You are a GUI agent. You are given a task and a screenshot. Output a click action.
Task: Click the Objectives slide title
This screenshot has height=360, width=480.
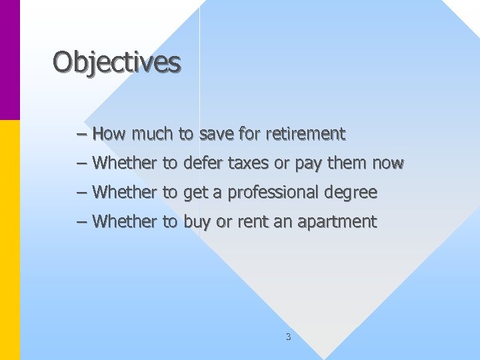[117, 63]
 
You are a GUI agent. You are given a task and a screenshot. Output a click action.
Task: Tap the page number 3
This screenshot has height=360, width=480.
[288, 337]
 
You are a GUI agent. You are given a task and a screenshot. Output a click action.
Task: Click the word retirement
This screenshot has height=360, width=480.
[305, 134]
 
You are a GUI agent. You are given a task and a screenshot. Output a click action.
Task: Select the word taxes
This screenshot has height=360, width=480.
[247, 163]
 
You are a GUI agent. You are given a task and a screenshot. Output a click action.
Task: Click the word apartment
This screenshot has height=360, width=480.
[341, 222]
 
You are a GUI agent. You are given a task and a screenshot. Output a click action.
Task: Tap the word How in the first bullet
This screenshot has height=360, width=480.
[109, 134]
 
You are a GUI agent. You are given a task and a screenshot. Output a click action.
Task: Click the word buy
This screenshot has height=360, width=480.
[197, 222]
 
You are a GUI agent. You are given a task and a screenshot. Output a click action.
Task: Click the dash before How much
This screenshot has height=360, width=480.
[81, 134]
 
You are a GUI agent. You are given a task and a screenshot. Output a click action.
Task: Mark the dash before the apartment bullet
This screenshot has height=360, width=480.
[81, 222]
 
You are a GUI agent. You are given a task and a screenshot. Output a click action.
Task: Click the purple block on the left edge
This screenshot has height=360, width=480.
[10, 60]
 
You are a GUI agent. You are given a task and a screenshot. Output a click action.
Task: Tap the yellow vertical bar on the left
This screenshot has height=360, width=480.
[10, 240]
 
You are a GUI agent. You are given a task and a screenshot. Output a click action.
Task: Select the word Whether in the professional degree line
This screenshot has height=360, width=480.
[125, 193]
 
